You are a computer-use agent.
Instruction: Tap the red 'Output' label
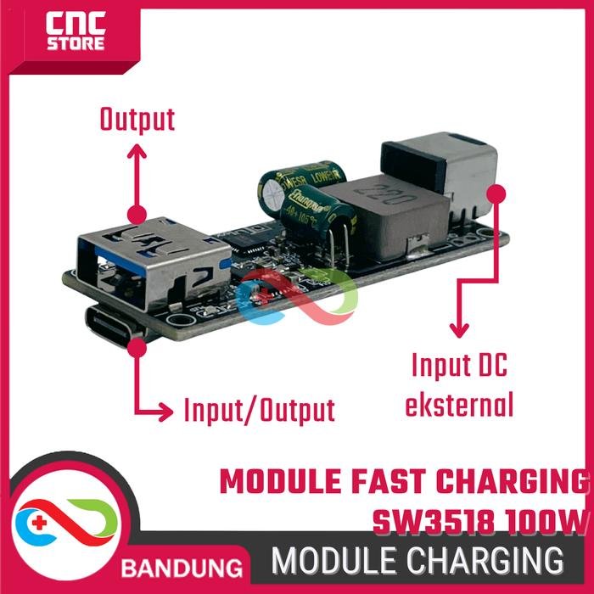[137, 120]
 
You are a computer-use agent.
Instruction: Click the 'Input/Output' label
[259, 412]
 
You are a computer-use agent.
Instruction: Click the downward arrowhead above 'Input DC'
[459, 331]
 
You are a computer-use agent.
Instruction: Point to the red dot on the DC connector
[497, 193]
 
